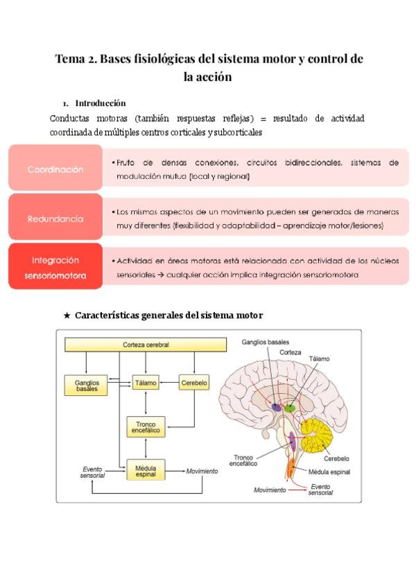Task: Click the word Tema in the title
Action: [70, 60]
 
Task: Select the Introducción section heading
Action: [100, 103]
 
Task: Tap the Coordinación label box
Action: [55, 169]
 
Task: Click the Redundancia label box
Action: [55, 218]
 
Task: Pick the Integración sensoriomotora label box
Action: [55, 267]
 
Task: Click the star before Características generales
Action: [67, 315]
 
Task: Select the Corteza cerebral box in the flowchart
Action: [146, 345]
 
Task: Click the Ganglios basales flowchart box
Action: [87, 386]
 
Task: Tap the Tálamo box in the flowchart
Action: [146, 382]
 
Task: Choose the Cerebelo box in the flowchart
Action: [193, 382]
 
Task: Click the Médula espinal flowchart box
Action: [146, 472]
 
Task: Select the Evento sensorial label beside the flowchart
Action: [92, 472]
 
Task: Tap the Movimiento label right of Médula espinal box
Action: [202, 472]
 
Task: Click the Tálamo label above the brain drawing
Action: [320, 358]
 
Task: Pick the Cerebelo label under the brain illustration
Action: [336, 458]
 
